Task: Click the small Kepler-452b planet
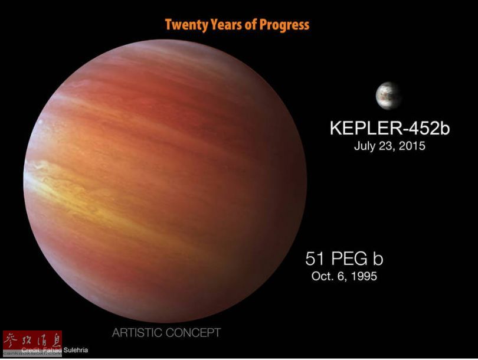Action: [x=388, y=94]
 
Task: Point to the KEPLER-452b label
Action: [x=389, y=128]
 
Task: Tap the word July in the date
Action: [x=365, y=146]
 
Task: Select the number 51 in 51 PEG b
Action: [x=314, y=258]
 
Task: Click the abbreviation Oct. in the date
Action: [x=322, y=276]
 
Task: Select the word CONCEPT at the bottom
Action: [x=194, y=333]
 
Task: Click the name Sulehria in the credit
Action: [x=76, y=350]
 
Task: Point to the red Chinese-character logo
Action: [x=32, y=341]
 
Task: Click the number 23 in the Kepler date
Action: [x=389, y=146]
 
